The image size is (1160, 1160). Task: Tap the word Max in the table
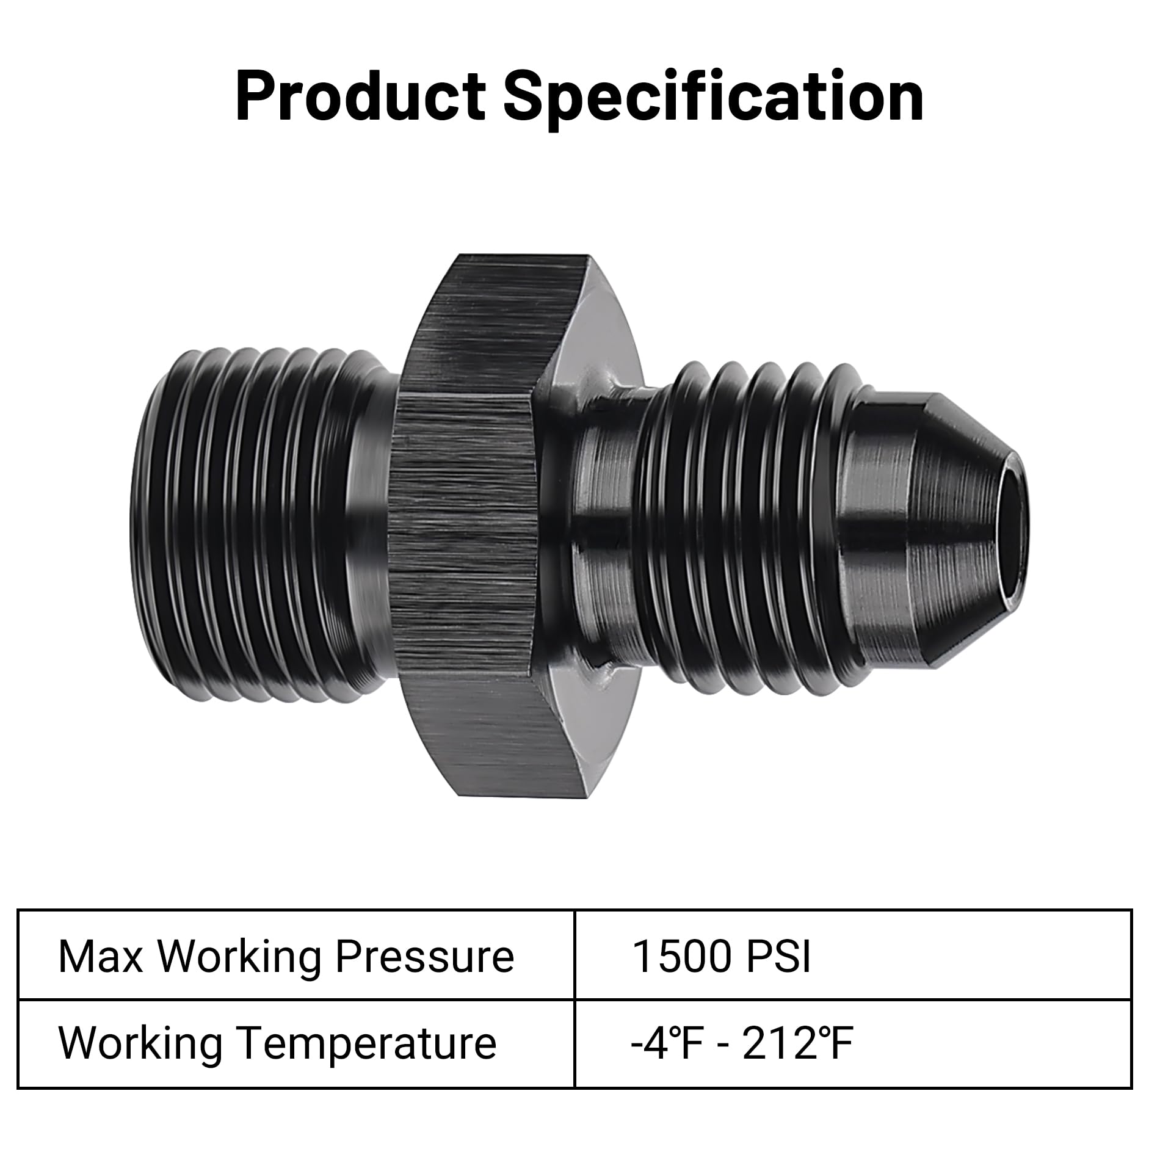pos(100,956)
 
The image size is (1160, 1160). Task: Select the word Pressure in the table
pos(424,956)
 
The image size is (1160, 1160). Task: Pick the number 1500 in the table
pos(681,956)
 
